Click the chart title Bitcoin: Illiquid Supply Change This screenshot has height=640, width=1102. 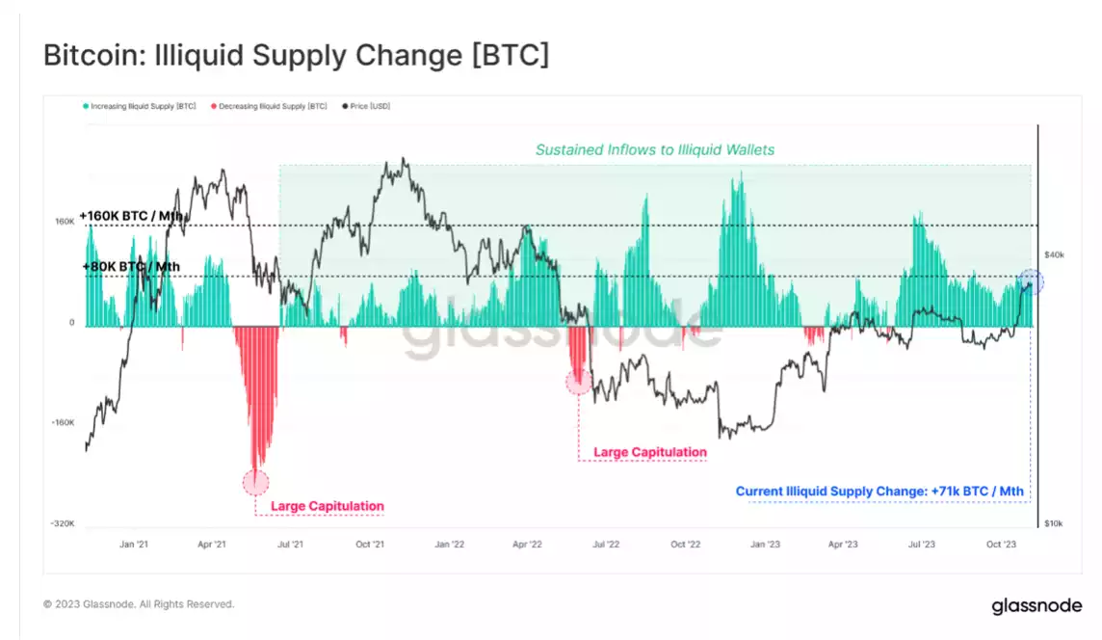coord(296,55)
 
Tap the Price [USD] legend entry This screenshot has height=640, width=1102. coord(371,106)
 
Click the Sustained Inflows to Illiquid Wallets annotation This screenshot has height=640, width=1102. coord(655,149)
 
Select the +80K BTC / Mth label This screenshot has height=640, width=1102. coord(130,267)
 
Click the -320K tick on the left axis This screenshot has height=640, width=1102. coord(63,524)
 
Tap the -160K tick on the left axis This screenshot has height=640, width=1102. coord(63,423)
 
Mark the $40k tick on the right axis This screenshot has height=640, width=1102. coord(1054,254)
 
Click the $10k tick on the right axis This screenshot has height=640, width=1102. coord(1054,523)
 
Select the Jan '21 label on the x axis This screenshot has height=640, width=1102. coord(134,545)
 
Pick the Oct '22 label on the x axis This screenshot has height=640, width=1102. coord(685,545)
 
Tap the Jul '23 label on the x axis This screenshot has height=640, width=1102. coord(922,545)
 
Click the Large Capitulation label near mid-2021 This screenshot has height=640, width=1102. coord(328,506)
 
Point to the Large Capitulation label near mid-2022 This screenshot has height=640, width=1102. coord(650,452)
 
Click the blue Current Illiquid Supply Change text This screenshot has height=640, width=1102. coord(879,492)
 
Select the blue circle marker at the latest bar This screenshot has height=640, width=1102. coord(1031,282)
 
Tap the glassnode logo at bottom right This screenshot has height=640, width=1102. coord(1036,606)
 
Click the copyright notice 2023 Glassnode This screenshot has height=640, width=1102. coord(139,604)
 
